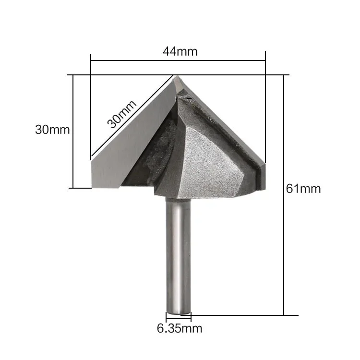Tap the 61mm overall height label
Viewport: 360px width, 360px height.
pyautogui.click(x=303, y=189)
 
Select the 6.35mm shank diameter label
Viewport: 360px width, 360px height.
pyautogui.click(x=179, y=329)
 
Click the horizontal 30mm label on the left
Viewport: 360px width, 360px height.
pyautogui.click(x=52, y=130)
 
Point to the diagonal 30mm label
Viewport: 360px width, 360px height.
pyautogui.click(x=121, y=114)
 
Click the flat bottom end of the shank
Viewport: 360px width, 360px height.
pyautogui.click(x=179, y=312)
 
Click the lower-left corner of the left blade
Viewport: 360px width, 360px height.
pyautogui.click(x=93, y=187)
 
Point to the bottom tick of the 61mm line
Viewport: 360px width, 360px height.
pyautogui.click(x=285, y=315)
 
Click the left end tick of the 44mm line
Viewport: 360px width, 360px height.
pyautogui.click(x=91, y=60)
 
